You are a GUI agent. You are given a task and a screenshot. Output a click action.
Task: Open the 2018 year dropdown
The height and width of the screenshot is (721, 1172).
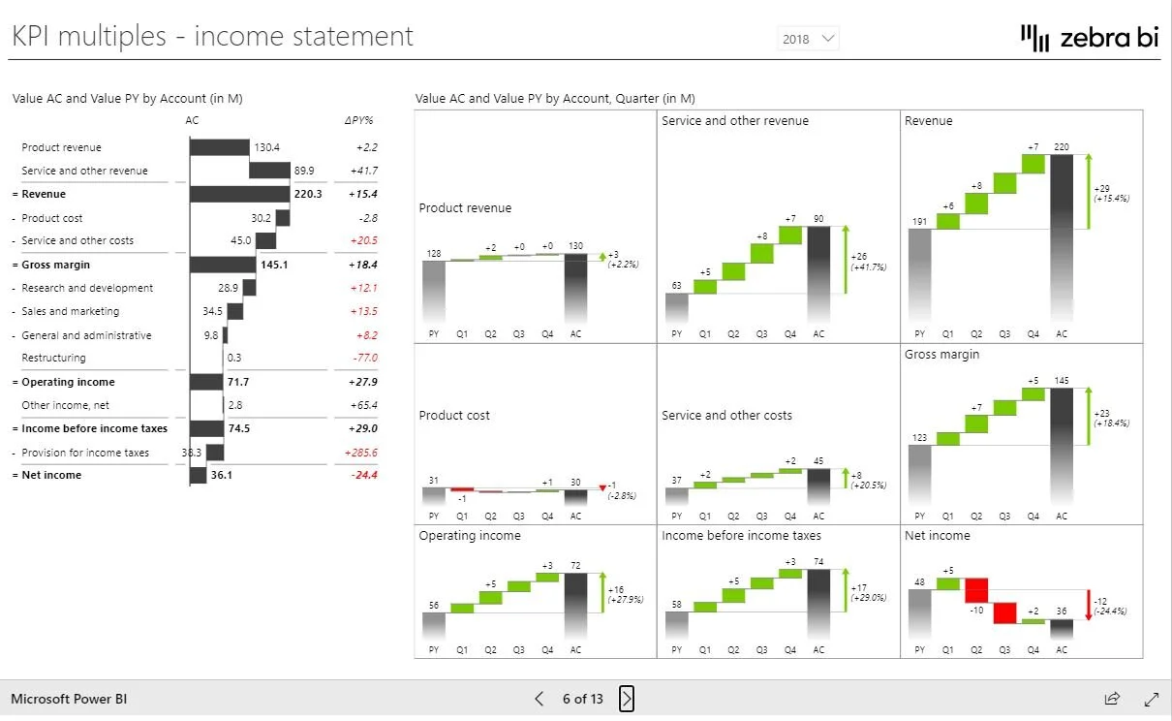pos(808,39)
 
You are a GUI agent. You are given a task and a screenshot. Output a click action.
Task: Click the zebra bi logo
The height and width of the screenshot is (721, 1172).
pos(1090,38)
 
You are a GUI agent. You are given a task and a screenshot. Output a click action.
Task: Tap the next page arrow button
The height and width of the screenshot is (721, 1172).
pos(627,699)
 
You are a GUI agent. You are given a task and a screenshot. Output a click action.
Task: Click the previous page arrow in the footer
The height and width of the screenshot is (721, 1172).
pos(540,699)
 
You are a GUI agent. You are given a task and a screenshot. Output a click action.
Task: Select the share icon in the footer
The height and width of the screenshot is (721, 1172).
pos(1112,699)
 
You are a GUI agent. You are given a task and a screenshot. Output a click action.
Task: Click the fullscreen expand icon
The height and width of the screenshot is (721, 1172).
pos(1152,699)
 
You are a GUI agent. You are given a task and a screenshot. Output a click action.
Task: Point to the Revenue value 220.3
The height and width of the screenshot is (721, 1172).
pos(308,194)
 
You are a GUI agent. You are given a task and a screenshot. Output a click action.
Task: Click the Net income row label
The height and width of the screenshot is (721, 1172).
pos(51,475)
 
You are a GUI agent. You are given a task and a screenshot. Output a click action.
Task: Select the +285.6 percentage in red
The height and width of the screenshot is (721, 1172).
pos(361,453)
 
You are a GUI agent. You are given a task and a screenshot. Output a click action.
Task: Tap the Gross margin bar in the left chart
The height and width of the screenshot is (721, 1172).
pos(223,265)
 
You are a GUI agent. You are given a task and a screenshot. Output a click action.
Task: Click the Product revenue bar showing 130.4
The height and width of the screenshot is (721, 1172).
pos(220,147)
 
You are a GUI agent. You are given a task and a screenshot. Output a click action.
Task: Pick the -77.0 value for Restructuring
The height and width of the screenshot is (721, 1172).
pos(365,358)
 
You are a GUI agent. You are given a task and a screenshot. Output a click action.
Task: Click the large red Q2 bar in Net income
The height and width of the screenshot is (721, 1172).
pos(976,590)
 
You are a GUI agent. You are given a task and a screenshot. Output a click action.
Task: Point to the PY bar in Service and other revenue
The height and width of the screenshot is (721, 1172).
pos(676,307)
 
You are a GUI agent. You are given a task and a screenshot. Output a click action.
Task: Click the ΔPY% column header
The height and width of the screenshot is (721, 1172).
pos(359,120)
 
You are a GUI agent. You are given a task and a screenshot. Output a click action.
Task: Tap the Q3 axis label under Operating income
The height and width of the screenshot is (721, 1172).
pos(518,650)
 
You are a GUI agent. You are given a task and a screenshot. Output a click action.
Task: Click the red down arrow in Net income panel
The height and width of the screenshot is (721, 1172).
pos(1089,605)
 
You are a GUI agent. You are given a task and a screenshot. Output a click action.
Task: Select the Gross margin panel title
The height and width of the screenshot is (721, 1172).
pos(941,355)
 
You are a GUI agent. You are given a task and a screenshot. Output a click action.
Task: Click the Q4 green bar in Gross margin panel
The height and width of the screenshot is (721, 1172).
pos(1033,394)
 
